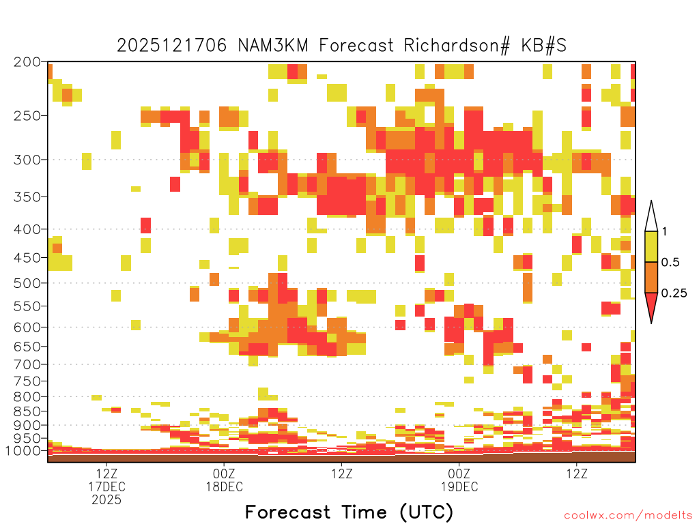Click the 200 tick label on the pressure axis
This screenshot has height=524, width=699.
click(x=27, y=62)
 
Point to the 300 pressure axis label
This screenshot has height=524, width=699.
click(x=27, y=160)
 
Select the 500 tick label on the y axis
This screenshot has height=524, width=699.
click(x=27, y=283)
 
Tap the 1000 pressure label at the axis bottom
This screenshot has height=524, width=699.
click(x=23, y=450)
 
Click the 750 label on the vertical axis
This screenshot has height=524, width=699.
click(x=27, y=381)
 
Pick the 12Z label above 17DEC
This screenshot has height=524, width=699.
click(x=106, y=474)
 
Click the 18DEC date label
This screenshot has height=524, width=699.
click(x=224, y=486)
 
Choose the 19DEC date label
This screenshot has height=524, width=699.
click(x=459, y=486)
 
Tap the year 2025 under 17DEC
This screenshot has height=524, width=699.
click(x=106, y=500)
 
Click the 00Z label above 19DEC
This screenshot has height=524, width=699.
click(x=459, y=474)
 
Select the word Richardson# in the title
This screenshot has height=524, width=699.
click(x=457, y=46)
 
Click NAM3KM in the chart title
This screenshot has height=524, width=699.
click(x=273, y=46)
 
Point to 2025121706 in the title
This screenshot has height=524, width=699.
click(x=171, y=46)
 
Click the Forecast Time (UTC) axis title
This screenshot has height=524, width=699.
click(x=349, y=512)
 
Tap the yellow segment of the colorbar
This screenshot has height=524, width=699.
click(x=651, y=246)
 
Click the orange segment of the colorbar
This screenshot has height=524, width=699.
click(x=651, y=277)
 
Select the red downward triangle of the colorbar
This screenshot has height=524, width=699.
click(x=651, y=305)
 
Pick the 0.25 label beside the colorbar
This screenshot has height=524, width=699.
click(x=674, y=293)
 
